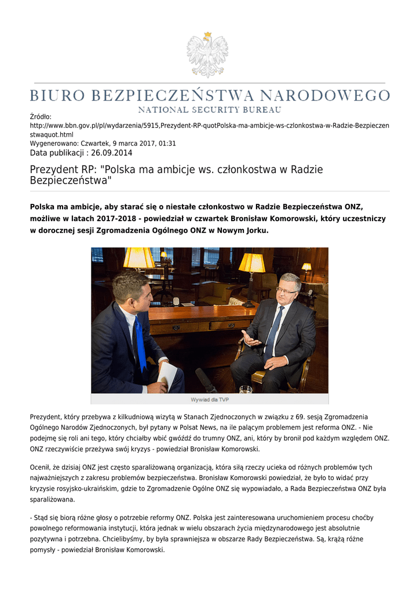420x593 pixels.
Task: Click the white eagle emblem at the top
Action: point(207,55)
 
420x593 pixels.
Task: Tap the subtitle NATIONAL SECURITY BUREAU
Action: point(209,109)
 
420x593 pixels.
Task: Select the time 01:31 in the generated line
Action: point(167,143)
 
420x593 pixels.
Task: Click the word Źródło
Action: point(41,117)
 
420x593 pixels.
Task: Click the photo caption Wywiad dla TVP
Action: point(209,400)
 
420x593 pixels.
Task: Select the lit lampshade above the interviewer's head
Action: point(139,258)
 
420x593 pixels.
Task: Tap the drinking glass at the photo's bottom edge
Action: point(246,389)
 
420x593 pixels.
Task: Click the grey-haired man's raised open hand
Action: point(250,339)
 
